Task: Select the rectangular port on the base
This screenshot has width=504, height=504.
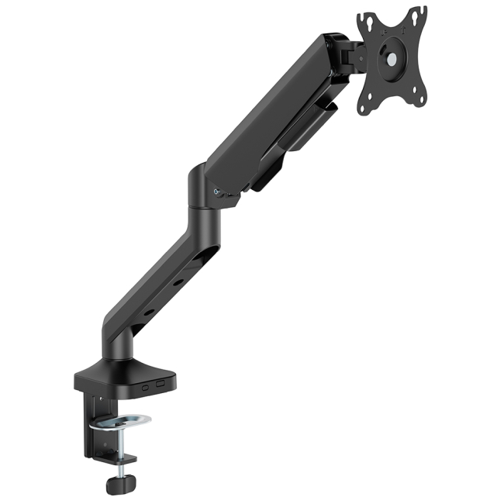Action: coord(161,383)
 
